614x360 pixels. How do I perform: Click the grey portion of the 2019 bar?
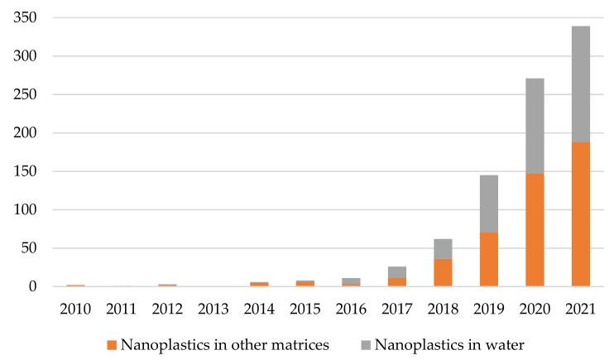tap(488, 204)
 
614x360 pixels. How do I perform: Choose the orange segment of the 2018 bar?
tap(443, 272)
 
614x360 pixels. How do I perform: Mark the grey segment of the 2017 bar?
tap(397, 272)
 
